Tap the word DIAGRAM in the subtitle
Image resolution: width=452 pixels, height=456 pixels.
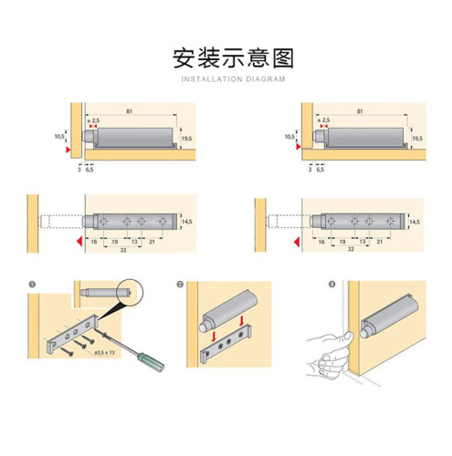coord(265,80)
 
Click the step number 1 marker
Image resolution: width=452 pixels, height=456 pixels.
coord(31,284)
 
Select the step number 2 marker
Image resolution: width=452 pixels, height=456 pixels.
coord(181,284)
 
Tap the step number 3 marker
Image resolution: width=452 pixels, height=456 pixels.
coord(331,284)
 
